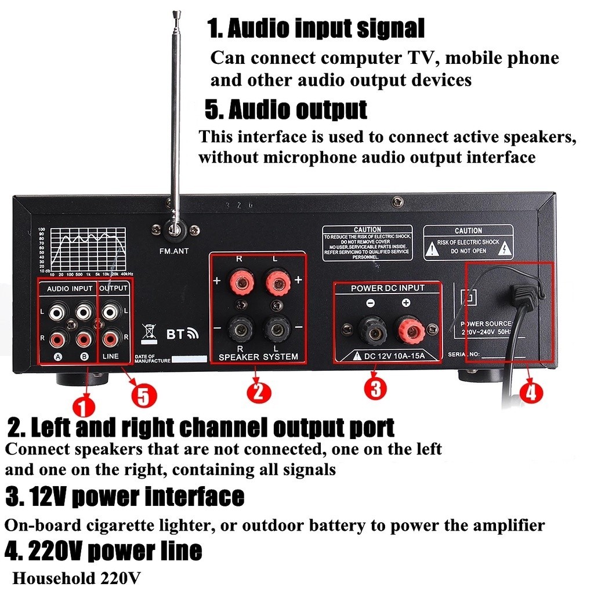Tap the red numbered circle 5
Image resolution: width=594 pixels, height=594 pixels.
click(144, 396)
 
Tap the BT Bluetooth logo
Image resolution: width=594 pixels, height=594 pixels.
click(182, 334)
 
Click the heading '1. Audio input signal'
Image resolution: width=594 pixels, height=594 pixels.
click(316, 28)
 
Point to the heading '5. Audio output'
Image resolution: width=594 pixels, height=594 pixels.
click(286, 109)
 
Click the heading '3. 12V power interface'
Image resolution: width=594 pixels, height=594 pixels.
click(125, 497)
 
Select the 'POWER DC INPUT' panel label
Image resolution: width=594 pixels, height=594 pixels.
click(387, 288)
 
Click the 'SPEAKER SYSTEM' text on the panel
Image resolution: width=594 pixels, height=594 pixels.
click(258, 357)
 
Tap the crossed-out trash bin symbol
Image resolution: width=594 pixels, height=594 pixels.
click(149, 332)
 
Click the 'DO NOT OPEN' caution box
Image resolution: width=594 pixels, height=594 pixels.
click(468, 242)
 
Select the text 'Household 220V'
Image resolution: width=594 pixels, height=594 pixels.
click(76, 578)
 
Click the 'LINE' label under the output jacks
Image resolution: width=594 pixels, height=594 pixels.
click(110, 356)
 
